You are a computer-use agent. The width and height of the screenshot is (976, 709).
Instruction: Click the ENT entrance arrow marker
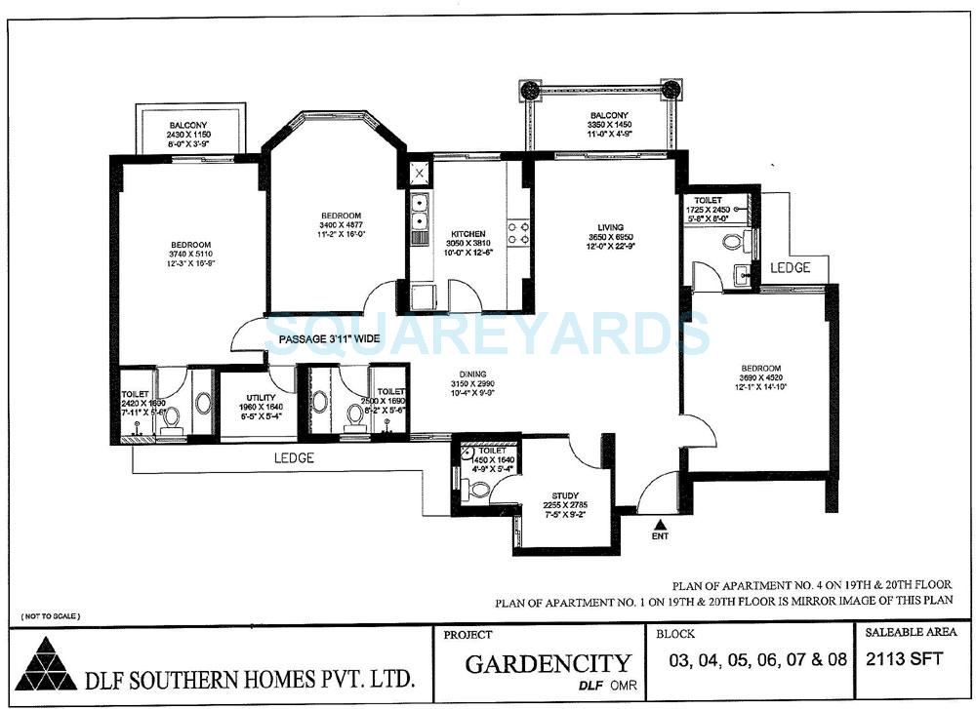pos(660,525)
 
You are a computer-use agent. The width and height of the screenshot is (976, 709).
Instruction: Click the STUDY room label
pos(565,495)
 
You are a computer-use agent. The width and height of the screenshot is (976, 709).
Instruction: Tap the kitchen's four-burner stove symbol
pos(517,231)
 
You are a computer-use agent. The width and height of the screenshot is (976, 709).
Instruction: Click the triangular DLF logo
pos(44,667)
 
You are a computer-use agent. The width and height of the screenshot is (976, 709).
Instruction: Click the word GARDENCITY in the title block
pos(548,665)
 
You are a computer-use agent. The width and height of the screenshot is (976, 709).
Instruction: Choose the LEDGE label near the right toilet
pos(790,267)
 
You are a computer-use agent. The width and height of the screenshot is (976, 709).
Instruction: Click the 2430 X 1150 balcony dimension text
pos(188,134)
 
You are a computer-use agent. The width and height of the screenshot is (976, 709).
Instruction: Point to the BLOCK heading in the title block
pos(676,633)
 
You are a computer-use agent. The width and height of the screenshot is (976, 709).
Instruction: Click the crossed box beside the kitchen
pos(419,174)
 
